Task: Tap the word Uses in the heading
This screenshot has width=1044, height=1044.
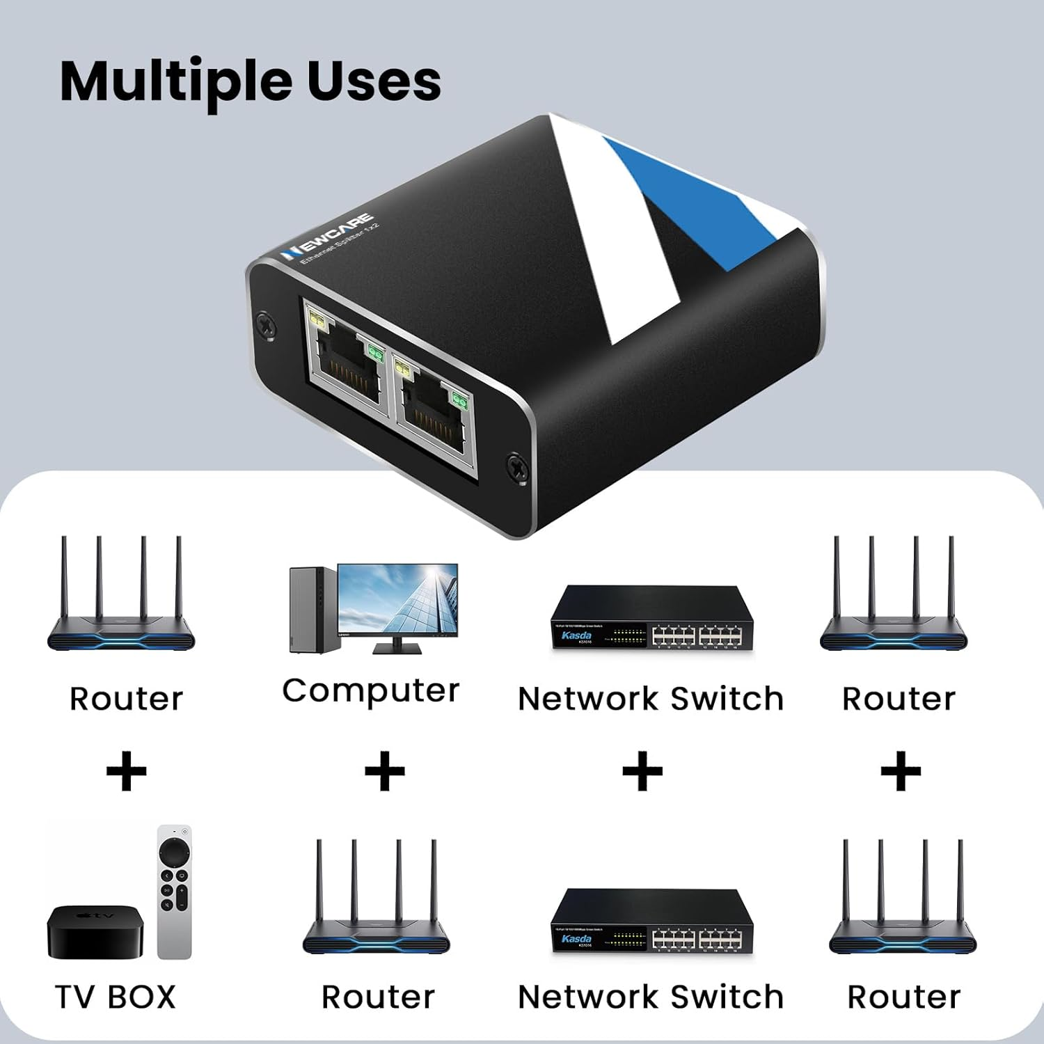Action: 374,81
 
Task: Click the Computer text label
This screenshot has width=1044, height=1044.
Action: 371,691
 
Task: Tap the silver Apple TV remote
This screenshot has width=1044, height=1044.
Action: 174,892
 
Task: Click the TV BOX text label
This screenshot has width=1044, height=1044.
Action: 116,997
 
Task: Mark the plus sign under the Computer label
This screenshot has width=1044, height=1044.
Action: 385,771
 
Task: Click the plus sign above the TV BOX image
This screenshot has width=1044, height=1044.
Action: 126,771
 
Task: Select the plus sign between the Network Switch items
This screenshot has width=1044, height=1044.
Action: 642,771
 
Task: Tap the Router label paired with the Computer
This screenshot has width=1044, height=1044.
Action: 378,997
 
